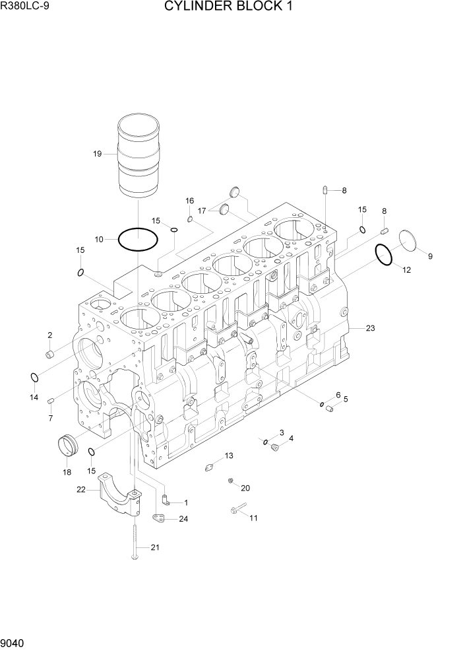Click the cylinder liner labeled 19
point(139,155)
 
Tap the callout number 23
point(370,328)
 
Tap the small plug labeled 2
point(49,355)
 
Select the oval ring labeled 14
point(33,377)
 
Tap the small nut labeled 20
point(231,481)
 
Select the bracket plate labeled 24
point(158,518)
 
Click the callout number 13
point(229,456)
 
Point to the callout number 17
point(202,211)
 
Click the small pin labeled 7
point(51,399)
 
